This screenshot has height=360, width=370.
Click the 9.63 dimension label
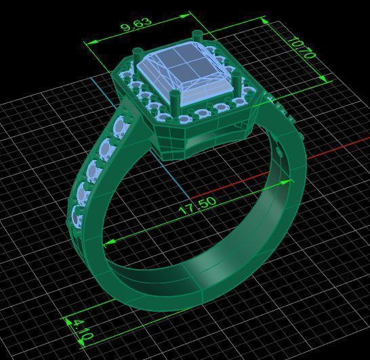136,25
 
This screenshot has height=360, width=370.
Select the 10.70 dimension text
302,48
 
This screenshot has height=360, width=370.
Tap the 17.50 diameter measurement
197,205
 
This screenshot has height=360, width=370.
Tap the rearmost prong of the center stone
197,35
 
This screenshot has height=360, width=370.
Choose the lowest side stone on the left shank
77,218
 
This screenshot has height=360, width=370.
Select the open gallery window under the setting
217,139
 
